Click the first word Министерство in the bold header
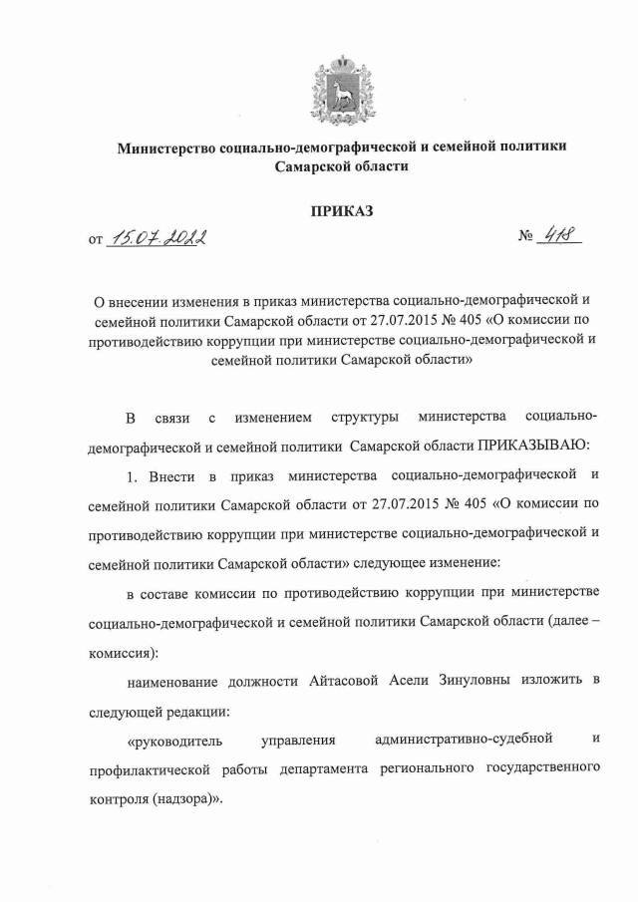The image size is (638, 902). (166, 148)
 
